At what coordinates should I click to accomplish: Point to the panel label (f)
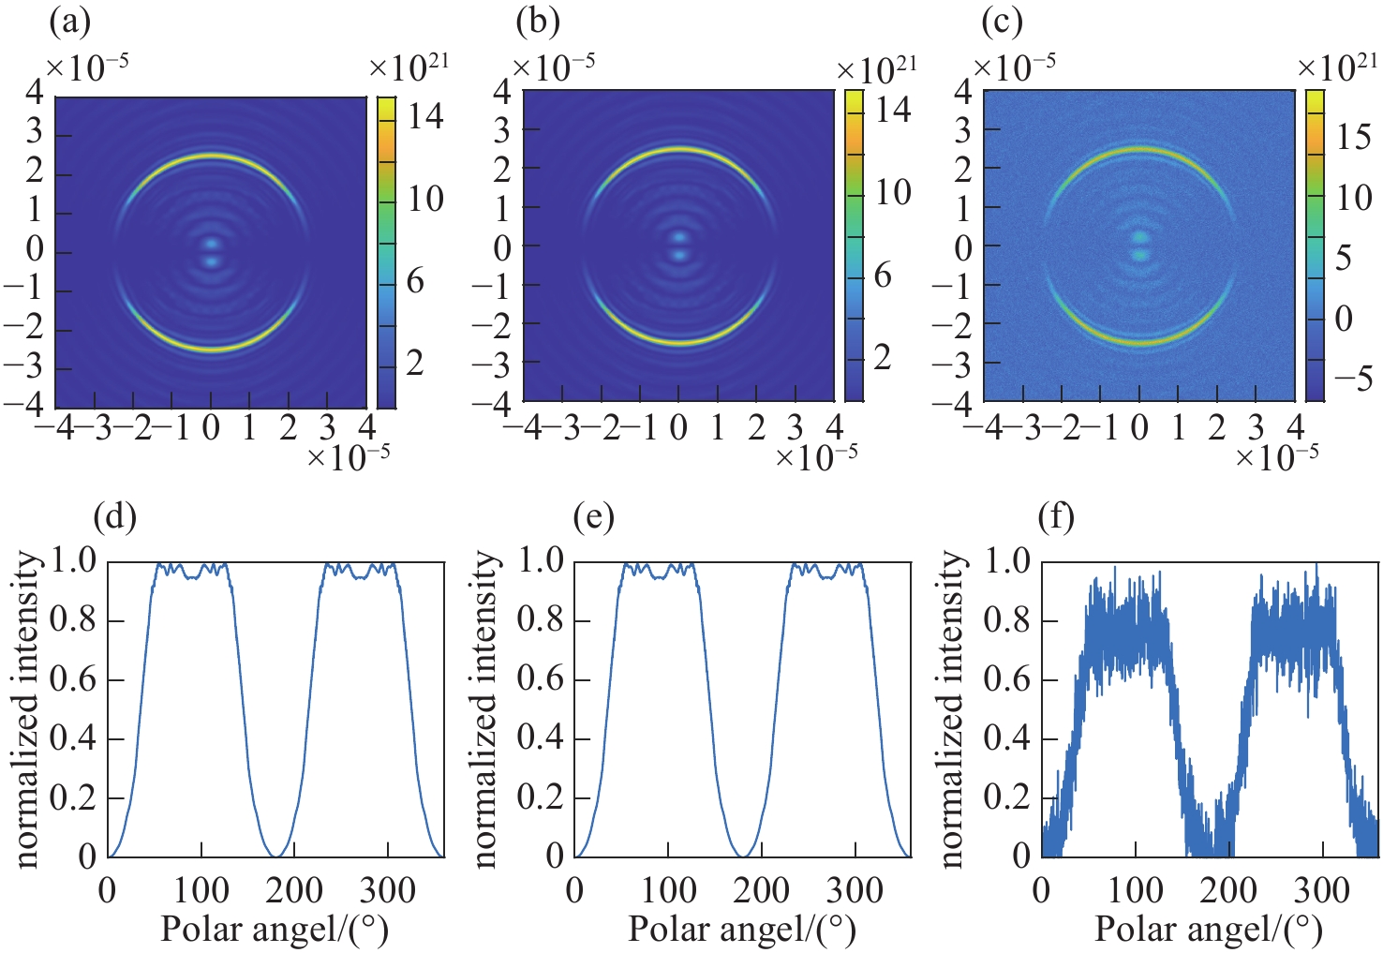[1056, 517]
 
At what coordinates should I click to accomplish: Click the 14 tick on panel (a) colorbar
[424, 117]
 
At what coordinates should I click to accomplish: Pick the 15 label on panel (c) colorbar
[1353, 137]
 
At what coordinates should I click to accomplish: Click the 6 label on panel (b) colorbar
[882, 275]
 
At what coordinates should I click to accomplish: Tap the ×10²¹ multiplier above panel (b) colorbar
[876, 69]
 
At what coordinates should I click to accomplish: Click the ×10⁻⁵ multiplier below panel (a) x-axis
[349, 456]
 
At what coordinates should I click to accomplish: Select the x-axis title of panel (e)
[741, 930]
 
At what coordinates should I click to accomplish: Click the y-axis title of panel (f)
[952, 708]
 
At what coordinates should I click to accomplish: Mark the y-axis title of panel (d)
[28, 708]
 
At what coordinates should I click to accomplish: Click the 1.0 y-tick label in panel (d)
[74, 561]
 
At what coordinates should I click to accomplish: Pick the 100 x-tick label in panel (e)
[669, 889]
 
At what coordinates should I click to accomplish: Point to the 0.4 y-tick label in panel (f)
[1008, 738]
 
